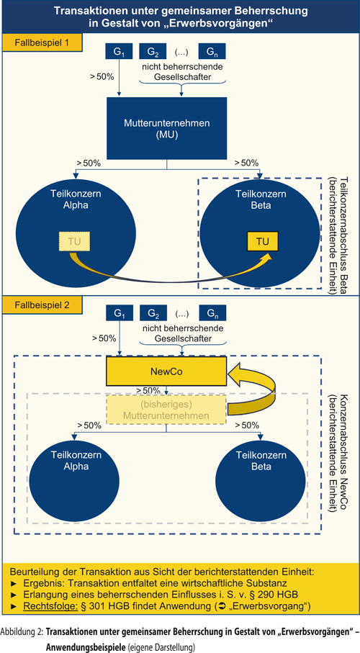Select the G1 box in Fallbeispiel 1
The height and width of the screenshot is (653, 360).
(x=119, y=52)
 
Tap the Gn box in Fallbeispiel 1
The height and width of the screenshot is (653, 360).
(x=212, y=52)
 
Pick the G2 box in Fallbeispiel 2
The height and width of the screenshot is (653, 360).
(x=153, y=313)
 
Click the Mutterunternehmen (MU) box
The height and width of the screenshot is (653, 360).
(x=167, y=128)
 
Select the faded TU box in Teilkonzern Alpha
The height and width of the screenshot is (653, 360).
(x=74, y=241)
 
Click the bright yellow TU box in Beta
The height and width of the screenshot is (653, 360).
(x=262, y=241)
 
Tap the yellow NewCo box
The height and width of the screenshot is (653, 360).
(x=166, y=371)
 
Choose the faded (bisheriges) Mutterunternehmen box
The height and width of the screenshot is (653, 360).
(x=166, y=410)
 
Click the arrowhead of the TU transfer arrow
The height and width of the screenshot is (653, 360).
(x=266, y=256)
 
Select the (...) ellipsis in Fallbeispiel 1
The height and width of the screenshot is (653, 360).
(x=182, y=53)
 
